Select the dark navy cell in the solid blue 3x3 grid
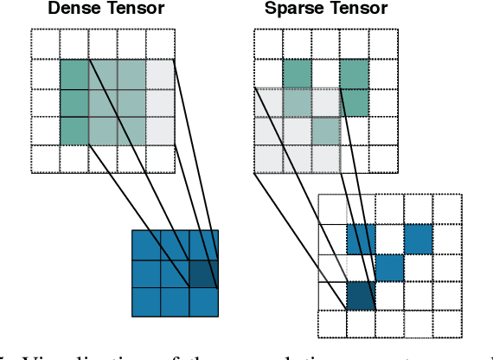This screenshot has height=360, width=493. pos(204,273)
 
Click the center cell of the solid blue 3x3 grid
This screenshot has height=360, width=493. pos(175,273)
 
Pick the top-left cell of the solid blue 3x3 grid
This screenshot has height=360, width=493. pos(146,244)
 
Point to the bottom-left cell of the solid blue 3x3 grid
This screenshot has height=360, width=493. pos(146,301)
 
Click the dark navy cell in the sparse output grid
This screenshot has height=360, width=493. pos(361,295)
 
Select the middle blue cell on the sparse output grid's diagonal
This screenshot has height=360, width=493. pos(389,267)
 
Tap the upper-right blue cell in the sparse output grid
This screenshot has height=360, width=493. pos(418,238)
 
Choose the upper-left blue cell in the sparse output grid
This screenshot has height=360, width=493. pos(361,238)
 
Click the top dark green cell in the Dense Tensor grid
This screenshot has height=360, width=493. pos(74,74)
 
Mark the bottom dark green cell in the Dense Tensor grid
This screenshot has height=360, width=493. pos(74,131)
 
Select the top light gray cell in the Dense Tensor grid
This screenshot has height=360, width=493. pos(160,74)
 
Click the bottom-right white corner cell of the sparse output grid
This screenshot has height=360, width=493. pos(446,324)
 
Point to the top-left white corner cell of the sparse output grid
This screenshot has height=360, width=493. pos(332,209)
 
